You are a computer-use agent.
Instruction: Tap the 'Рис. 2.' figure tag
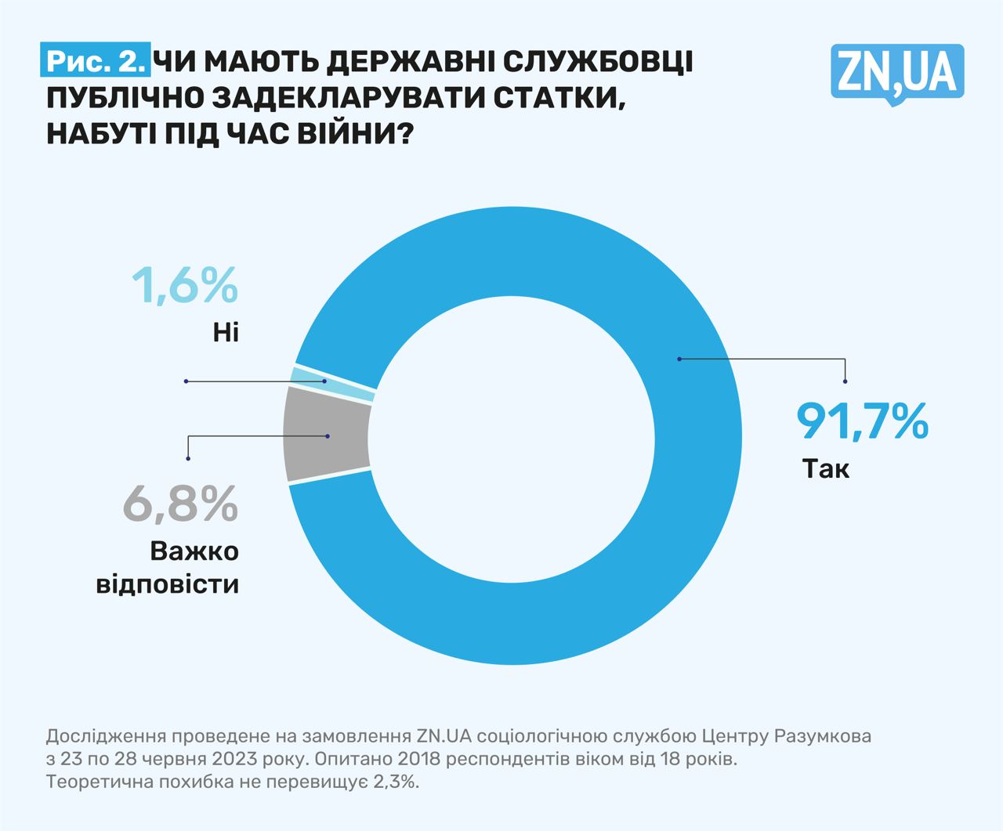[x=96, y=60]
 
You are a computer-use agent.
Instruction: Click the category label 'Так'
[x=826, y=469]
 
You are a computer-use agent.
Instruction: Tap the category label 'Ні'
[x=225, y=333]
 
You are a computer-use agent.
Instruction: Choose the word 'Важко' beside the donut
[x=194, y=551]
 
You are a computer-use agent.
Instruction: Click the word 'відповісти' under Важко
[x=167, y=584]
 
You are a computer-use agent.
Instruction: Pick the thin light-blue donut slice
[x=333, y=385]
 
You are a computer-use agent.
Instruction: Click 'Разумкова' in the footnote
[x=822, y=736]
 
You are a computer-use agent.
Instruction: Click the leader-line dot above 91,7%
[x=845, y=381]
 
